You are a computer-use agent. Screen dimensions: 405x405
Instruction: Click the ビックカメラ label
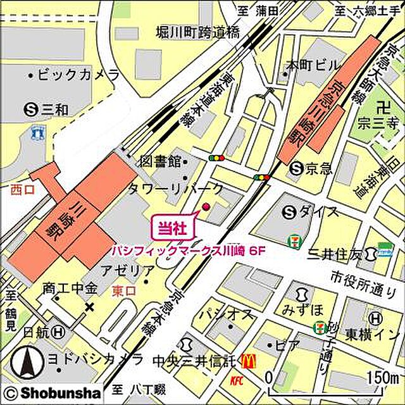(77, 75)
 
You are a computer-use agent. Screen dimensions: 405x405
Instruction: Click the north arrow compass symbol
(28, 364)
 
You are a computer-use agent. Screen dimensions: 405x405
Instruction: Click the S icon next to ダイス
(290, 211)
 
